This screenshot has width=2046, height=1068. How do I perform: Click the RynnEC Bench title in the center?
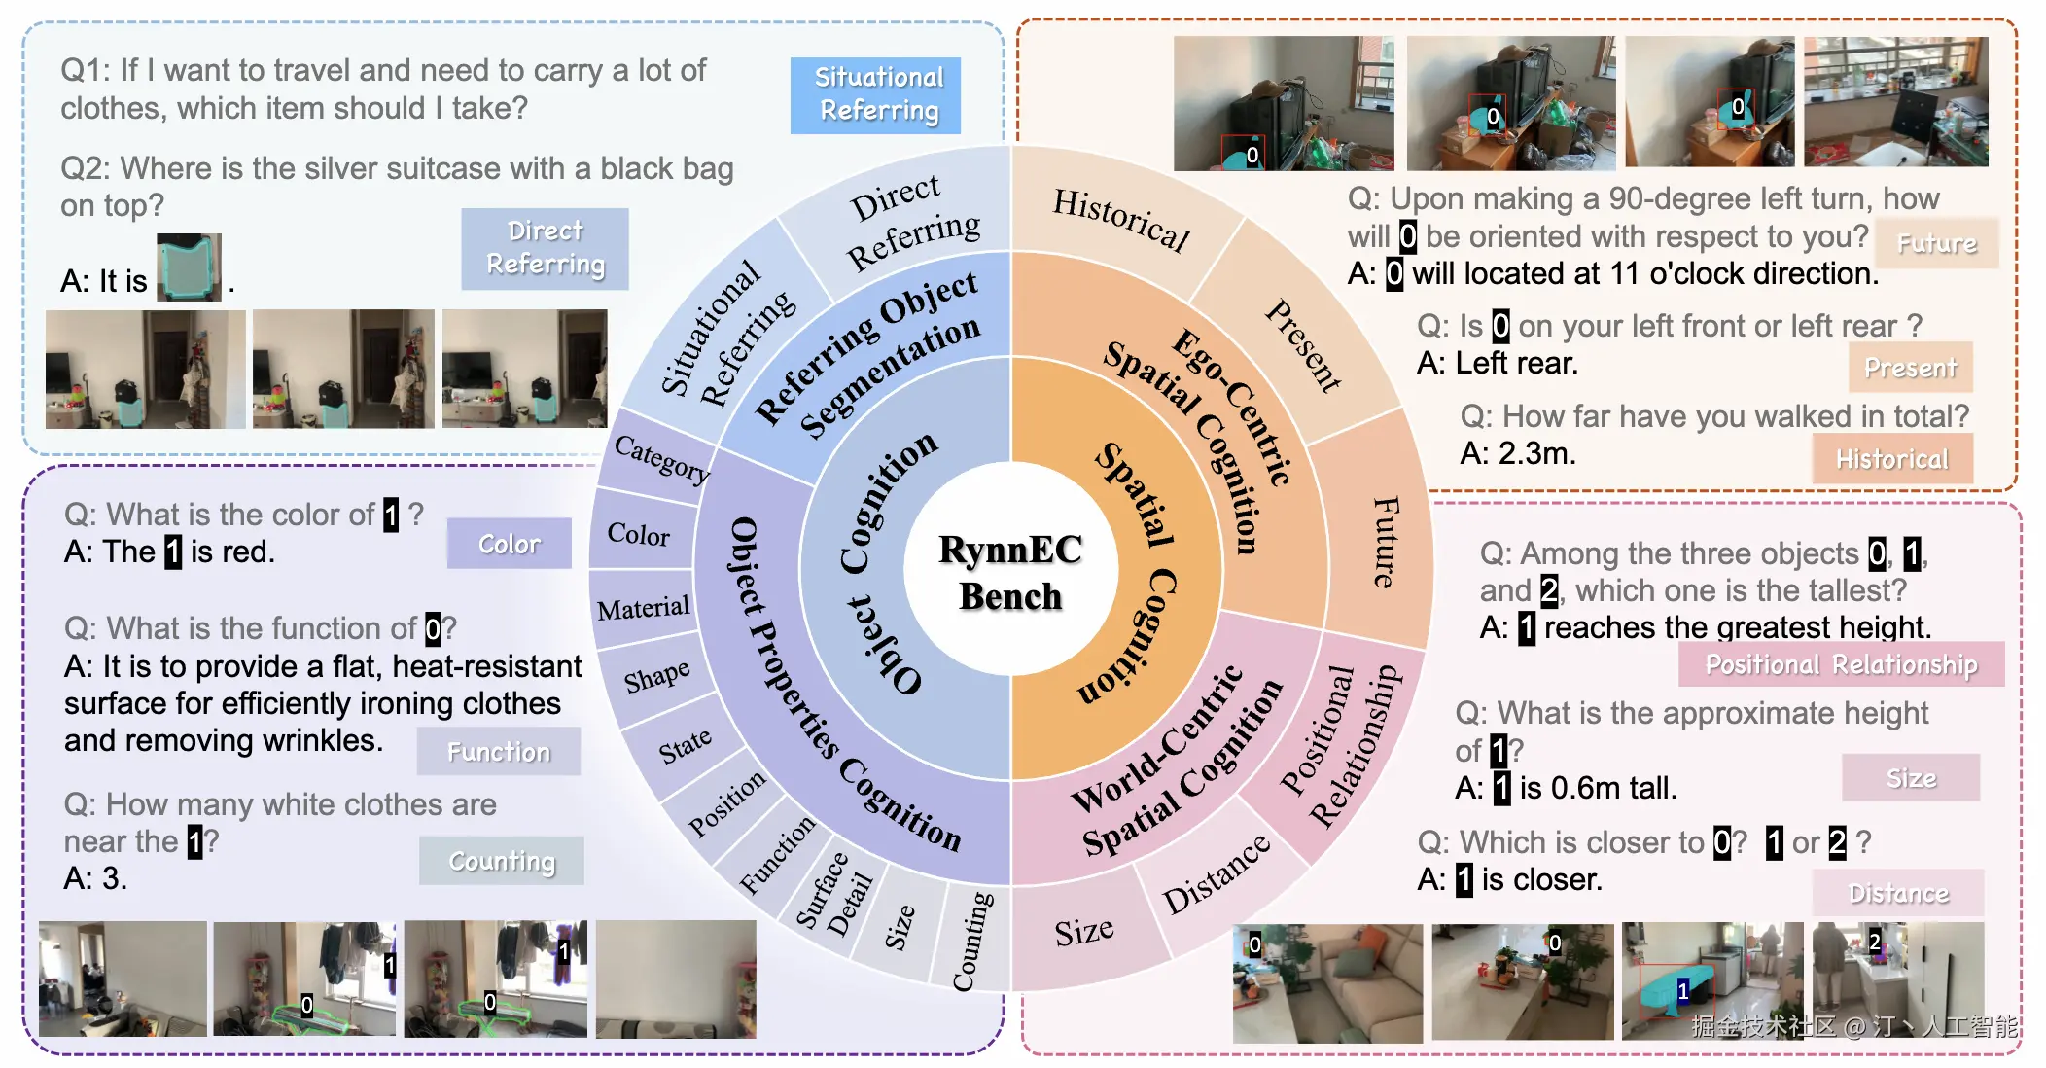click(x=1010, y=573)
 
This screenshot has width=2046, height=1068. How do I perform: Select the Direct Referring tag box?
click(x=545, y=248)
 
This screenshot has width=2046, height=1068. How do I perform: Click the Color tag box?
click(x=509, y=543)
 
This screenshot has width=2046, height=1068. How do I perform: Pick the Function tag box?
click(x=499, y=751)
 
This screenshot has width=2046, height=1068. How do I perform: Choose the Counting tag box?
click(x=502, y=860)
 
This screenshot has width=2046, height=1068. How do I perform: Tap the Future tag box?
click(x=1936, y=243)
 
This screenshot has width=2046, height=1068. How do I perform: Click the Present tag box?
click(x=1910, y=367)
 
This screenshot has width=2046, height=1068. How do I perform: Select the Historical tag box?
click(x=1892, y=458)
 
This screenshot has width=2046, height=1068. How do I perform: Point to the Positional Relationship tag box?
click(x=1841, y=664)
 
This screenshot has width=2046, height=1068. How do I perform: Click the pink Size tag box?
click(x=1911, y=777)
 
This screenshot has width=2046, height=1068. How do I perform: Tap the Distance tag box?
click(x=1898, y=892)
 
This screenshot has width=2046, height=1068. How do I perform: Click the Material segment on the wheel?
click(x=643, y=609)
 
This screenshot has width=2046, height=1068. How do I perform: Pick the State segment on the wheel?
click(x=684, y=747)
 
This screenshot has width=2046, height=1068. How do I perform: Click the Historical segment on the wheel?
click(x=1120, y=219)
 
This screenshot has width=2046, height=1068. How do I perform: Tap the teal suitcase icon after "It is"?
click(x=189, y=267)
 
